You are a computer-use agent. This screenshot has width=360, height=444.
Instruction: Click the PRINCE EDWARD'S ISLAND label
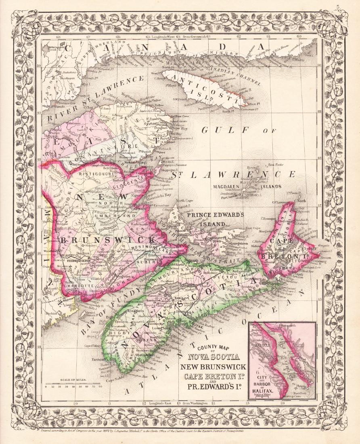(x=216, y=218)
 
